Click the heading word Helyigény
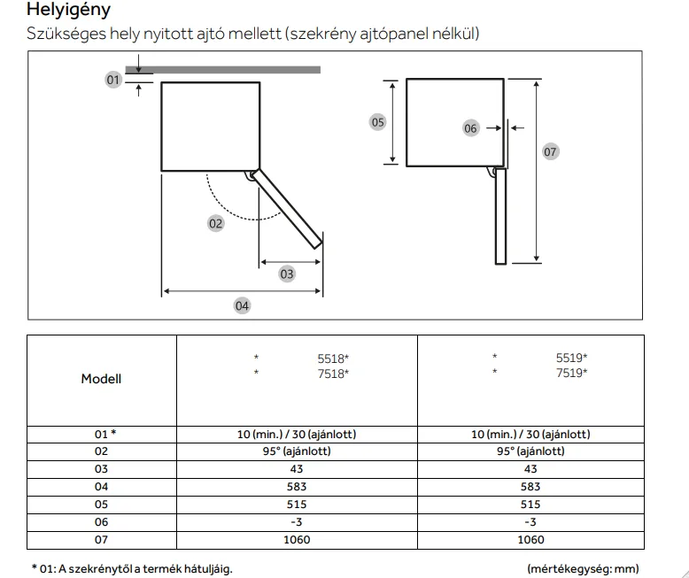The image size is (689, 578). pos(69,12)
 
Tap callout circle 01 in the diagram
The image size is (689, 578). pos(112,81)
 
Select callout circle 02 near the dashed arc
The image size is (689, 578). pos(216,223)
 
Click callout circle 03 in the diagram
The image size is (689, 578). pos(287,274)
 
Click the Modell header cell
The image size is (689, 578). pos(101,379)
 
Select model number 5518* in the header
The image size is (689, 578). pos(333,358)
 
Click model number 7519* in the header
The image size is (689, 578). pos(571,374)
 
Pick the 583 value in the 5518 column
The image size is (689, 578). pos(297,487)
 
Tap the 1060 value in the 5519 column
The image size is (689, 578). pos(530,540)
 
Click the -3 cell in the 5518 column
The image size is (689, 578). pos(297,522)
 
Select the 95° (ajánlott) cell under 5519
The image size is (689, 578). pos(530,451)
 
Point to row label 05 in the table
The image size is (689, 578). pos(101,505)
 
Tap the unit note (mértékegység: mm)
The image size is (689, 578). pos(582,569)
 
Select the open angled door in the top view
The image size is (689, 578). pos(287,207)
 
